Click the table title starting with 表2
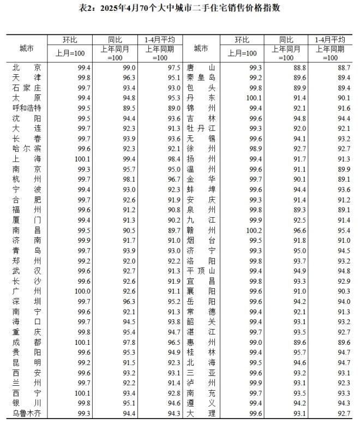point(180,8)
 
